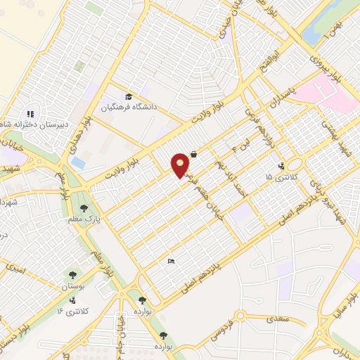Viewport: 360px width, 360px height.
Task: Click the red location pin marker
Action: click(181, 165)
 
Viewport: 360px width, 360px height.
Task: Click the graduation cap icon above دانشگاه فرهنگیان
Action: click(129, 96)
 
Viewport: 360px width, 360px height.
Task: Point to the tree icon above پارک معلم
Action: click(84, 208)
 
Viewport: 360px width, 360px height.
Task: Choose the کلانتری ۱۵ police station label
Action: click(282, 176)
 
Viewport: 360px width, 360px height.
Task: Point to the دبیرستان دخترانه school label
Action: click(34, 124)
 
